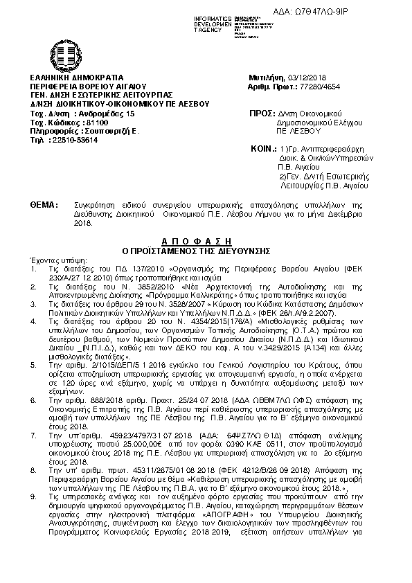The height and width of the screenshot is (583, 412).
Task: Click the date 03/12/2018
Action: coord(307,77)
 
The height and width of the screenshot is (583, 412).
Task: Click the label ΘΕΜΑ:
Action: coord(43,207)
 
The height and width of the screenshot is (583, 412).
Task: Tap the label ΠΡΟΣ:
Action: coord(259,113)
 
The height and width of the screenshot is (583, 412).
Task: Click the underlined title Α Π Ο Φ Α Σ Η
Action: coord(206,236)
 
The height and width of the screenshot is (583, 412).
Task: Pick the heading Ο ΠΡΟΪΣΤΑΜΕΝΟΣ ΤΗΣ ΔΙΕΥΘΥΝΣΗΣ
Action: coord(206,244)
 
